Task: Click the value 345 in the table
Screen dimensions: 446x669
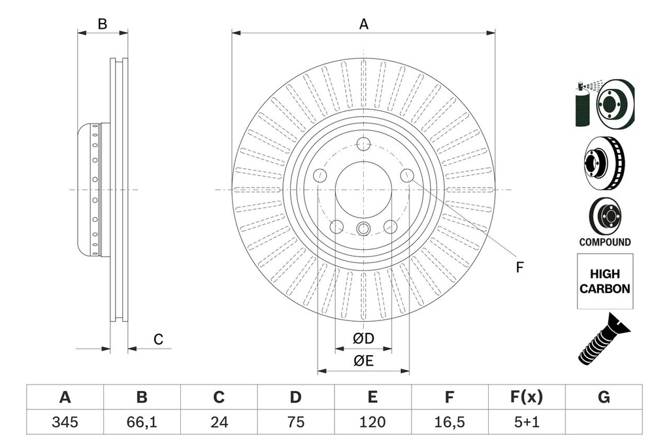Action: [x=65, y=422]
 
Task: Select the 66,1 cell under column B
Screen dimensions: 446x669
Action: [x=142, y=422]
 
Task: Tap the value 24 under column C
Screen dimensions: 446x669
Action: [x=219, y=422]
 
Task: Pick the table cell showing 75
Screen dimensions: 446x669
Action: [x=296, y=422]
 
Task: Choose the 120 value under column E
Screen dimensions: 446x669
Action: [x=372, y=422]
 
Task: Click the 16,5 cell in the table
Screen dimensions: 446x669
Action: [x=449, y=422]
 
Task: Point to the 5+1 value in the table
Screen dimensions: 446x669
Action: [x=527, y=422]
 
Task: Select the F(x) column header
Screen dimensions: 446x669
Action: [x=527, y=397]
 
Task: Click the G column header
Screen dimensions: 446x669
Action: [x=604, y=397]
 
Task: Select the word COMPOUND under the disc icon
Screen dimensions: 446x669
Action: [x=605, y=242]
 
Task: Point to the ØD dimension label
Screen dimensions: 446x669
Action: [x=363, y=339]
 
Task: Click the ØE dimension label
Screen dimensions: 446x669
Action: [x=363, y=361]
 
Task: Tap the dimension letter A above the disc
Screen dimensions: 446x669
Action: [x=364, y=24]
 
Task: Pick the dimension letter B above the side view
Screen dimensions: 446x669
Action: [x=103, y=24]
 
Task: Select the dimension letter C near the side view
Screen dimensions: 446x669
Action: [x=157, y=339]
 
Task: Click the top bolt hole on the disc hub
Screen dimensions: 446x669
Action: [x=363, y=145]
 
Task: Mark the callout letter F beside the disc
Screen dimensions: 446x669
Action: [x=520, y=267]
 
